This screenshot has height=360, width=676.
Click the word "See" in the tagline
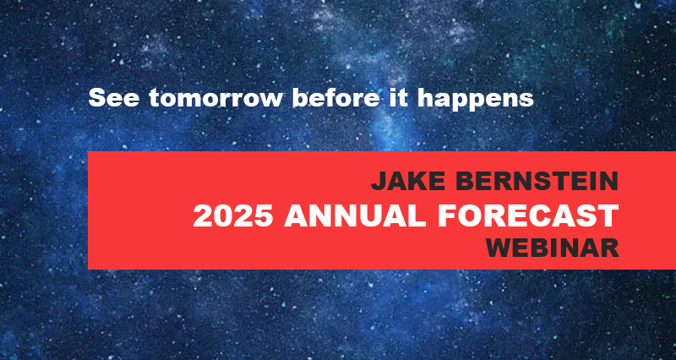(114, 98)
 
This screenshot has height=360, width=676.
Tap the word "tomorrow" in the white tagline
(216, 99)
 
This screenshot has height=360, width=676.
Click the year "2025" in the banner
(233, 215)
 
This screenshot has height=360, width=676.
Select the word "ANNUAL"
(355, 215)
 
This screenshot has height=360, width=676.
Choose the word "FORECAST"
(528, 215)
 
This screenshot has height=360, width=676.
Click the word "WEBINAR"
(553, 248)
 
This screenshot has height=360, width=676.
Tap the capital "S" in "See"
(98, 98)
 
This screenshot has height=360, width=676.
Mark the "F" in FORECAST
(447, 215)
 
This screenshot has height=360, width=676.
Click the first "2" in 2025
(203, 215)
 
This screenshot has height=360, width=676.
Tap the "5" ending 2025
(264, 216)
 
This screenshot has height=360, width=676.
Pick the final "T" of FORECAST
(609, 215)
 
